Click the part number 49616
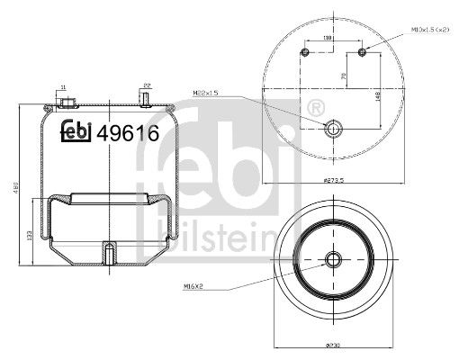(x=128, y=133)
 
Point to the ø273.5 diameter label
(x=333, y=181)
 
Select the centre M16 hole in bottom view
(x=333, y=262)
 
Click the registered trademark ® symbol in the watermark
(x=314, y=109)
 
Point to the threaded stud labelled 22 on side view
(x=145, y=98)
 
